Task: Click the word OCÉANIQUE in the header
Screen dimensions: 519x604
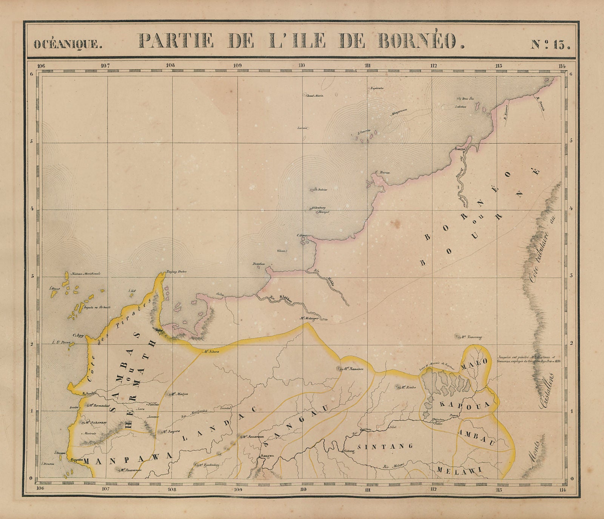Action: (68, 44)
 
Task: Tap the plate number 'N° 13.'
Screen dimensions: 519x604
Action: (550, 44)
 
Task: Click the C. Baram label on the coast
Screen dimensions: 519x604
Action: (382, 173)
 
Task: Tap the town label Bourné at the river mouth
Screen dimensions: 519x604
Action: (461, 149)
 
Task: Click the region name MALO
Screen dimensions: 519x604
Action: (473, 361)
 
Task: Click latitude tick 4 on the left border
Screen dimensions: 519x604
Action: (32, 209)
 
